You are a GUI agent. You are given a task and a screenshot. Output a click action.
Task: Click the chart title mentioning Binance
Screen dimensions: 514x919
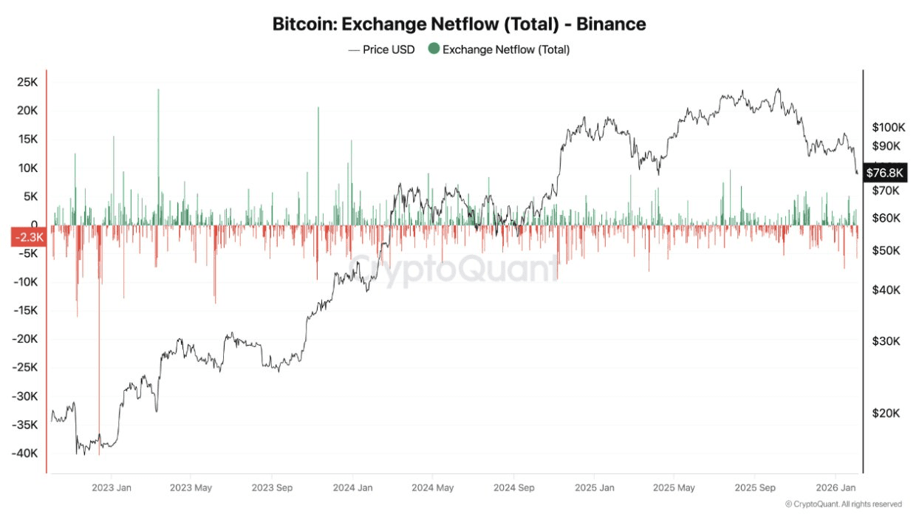click(459, 24)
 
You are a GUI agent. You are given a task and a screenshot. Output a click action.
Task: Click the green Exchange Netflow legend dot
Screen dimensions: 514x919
click(434, 49)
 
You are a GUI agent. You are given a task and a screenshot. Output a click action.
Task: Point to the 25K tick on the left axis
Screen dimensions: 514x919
click(27, 82)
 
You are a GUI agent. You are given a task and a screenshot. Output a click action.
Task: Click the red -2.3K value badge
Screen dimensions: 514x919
click(29, 238)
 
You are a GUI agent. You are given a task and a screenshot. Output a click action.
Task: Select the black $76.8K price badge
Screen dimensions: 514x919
click(884, 172)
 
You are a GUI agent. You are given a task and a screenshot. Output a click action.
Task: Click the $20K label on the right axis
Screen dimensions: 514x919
click(886, 413)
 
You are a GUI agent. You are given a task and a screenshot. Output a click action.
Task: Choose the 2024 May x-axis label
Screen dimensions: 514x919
click(432, 487)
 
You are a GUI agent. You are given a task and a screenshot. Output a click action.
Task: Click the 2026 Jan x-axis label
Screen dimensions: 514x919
click(836, 487)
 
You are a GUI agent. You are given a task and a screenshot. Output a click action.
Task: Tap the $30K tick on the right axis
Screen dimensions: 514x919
click(886, 341)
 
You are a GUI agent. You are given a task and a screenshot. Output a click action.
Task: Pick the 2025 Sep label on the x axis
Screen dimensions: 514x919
click(755, 487)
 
